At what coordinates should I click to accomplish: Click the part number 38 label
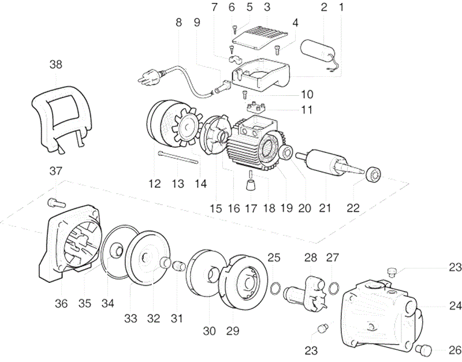click(x=55, y=65)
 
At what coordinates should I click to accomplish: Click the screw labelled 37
click(x=55, y=201)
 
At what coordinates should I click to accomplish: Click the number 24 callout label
click(x=455, y=305)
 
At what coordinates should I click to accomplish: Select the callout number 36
click(x=61, y=303)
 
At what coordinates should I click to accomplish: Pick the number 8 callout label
click(x=178, y=23)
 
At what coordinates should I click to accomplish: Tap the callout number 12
click(x=154, y=184)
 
